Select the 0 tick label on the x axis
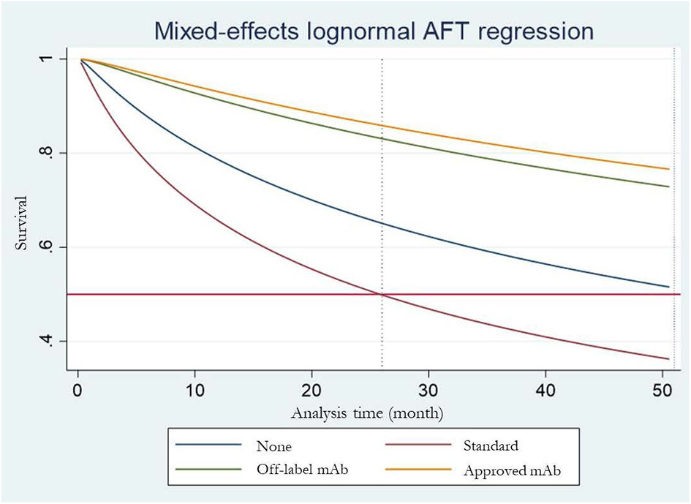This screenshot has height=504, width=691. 78,391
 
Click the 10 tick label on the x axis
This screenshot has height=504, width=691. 195,391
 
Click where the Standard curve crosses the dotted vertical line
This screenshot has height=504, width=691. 382,294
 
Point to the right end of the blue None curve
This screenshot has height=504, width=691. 668,287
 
